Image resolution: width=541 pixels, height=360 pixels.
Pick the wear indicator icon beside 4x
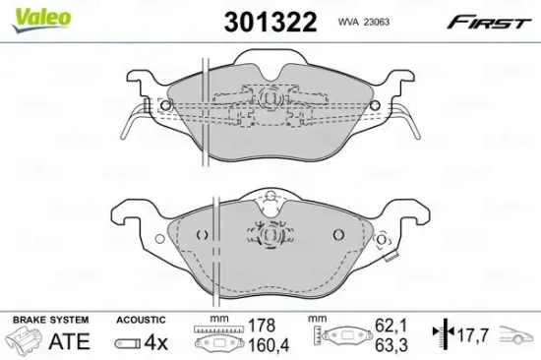(127, 342)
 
